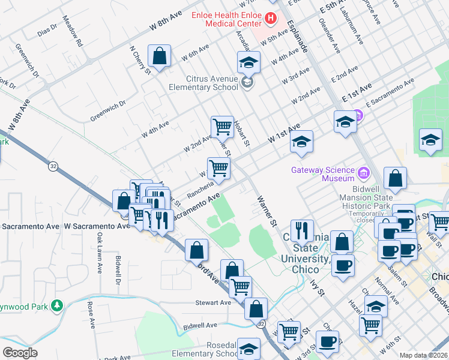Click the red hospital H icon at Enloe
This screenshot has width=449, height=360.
pos(270,19)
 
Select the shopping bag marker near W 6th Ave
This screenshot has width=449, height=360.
pos(160,57)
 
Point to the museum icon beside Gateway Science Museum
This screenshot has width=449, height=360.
pos(364,173)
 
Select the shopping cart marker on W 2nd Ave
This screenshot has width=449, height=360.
pos(222,127)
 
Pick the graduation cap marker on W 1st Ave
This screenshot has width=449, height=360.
pos(301,142)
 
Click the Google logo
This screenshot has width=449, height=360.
pos(20,353)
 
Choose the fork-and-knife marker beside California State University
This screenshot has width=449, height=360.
pos(302,230)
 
